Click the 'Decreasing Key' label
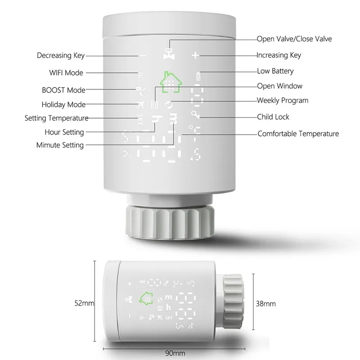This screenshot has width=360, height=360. click(x=60, y=56)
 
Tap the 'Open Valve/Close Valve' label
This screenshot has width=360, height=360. click(x=294, y=39)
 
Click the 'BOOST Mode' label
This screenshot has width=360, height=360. click(x=63, y=90)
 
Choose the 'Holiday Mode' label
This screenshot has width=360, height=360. click(x=63, y=105)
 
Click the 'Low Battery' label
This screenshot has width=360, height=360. click(x=275, y=71)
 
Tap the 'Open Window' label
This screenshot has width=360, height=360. click(x=279, y=86)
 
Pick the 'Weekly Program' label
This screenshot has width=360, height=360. click(x=283, y=101)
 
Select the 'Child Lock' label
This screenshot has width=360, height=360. click(x=273, y=117)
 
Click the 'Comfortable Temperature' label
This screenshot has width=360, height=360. click(x=298, y=134)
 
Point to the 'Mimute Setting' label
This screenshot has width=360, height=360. click(x=60, y=145)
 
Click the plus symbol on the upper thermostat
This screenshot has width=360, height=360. click(x=195, y=56)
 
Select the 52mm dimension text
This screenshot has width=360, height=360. click(x=85, y=303)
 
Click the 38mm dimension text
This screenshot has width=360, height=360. click(x=265, y=304)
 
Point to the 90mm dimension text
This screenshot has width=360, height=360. click(x=171, y=353)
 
